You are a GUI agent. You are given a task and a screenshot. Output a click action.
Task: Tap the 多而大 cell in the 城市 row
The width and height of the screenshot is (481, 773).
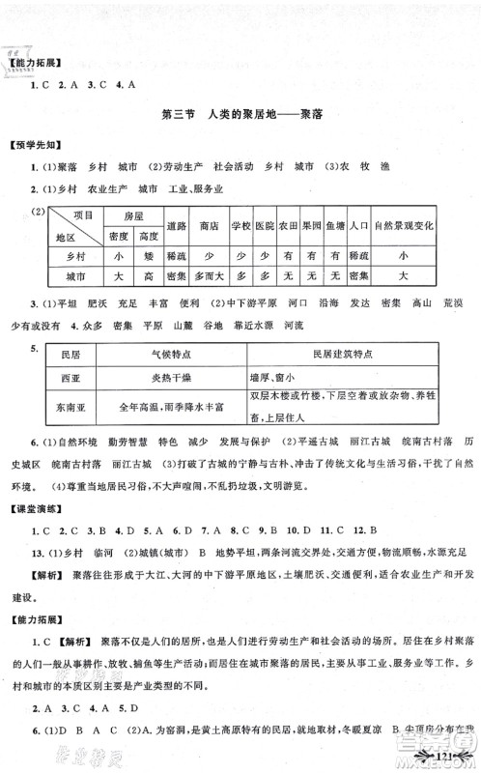(x=209, y=275)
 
